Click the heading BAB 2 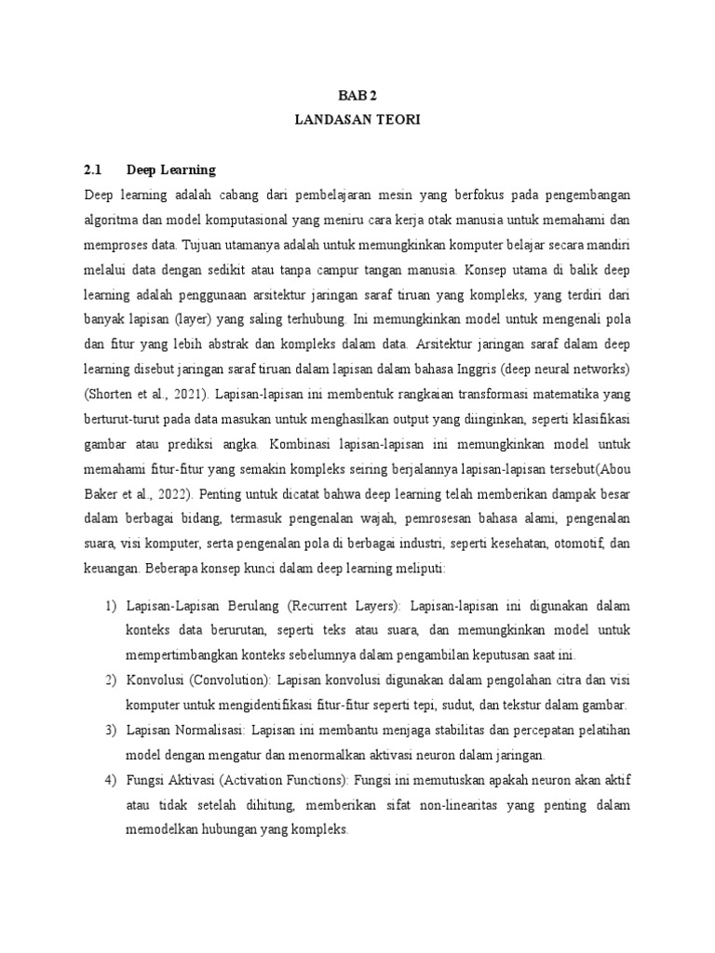(357, 95)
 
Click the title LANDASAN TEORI (357, 121)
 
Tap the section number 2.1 (91, 170)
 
